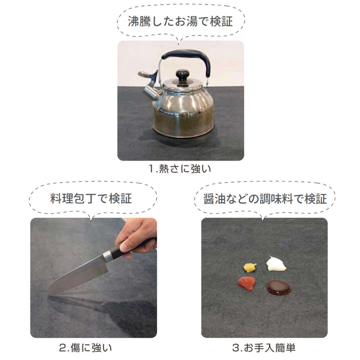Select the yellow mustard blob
click(x=250, y=267)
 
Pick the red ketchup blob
click(x=246, y=283)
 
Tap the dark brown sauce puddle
click(x=278, y=287)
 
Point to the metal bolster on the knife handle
click(x=107, y=256)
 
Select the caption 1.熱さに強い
click(x=180, y=169)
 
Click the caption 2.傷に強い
click(x=85, y=347)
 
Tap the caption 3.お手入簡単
click(x=264, y=347)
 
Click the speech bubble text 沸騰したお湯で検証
click(x=180, y=21)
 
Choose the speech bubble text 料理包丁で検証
click(x=91, y=198)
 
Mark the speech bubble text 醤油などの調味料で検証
click(x=265, y=198)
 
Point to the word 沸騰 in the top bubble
click(x=139, y=21)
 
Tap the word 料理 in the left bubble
click(x=61, y=198)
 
